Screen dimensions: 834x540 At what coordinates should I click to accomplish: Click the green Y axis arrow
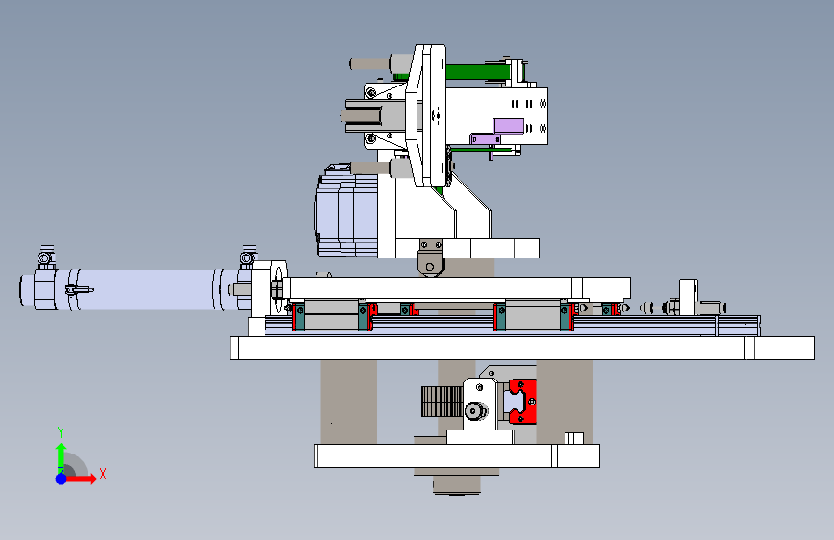62,457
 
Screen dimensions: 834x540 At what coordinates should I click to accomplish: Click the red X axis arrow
81,479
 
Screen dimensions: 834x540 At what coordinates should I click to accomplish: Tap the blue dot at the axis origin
62,479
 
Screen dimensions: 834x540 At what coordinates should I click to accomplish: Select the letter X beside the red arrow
103,474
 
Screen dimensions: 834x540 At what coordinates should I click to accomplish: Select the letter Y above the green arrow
61,432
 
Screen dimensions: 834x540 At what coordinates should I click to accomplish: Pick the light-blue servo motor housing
345,209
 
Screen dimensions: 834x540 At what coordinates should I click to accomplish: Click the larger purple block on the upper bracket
509,126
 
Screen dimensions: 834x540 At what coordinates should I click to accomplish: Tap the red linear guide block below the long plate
521,402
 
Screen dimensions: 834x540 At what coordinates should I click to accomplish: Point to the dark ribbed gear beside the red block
442,402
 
